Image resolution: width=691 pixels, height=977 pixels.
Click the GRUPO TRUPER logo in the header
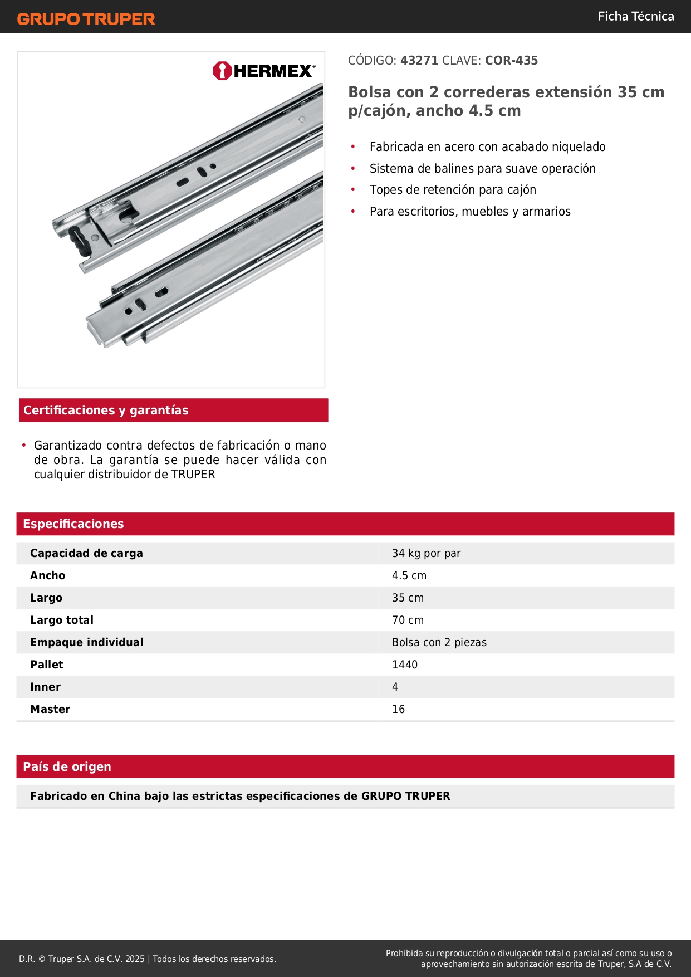[86, 19]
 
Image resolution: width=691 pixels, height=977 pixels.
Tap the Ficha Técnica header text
[635, 17]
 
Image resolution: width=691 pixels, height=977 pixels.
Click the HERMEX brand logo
[264, 71]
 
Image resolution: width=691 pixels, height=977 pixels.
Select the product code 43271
[419, 61]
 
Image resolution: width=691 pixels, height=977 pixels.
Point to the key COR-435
[511, 61]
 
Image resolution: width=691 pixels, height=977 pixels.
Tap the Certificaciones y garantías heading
[106, 411]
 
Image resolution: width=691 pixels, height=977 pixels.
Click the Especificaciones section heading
[73, 524]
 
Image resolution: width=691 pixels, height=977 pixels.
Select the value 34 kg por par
[426, 554]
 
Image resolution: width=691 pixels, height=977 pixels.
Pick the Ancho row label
[48, 576]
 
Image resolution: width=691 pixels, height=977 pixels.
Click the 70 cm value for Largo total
[408, 621]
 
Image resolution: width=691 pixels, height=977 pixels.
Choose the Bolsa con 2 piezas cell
[439, 643]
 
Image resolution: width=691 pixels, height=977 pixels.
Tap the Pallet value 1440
[405, 665]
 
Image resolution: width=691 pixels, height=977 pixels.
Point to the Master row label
[50, 710]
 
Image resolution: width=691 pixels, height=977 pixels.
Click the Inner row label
[45, 687]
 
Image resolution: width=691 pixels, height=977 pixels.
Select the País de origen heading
[67, 767]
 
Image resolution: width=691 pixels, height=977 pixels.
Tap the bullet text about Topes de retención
[453, 190]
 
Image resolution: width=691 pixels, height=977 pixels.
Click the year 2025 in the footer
[135, 959]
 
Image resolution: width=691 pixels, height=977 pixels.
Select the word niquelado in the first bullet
[579, 147]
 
